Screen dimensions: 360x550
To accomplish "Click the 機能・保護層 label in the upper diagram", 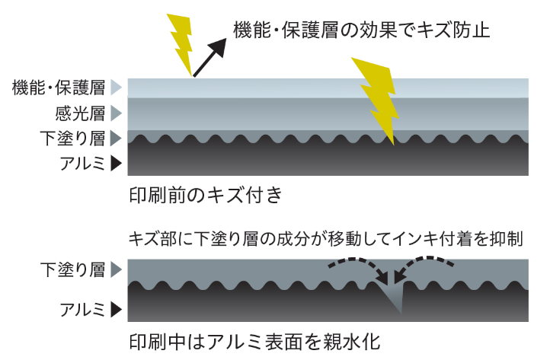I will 58,88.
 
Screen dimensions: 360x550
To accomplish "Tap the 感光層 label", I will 79,113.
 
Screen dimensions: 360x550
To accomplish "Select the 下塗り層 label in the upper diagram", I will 72,139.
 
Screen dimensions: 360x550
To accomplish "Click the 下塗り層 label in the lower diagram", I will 72,269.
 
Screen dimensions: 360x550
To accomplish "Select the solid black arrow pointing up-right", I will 210,58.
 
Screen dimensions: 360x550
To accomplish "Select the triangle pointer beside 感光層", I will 116,113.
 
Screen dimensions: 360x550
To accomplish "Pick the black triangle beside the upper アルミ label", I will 116,162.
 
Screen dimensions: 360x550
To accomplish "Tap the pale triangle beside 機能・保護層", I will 116,88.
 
